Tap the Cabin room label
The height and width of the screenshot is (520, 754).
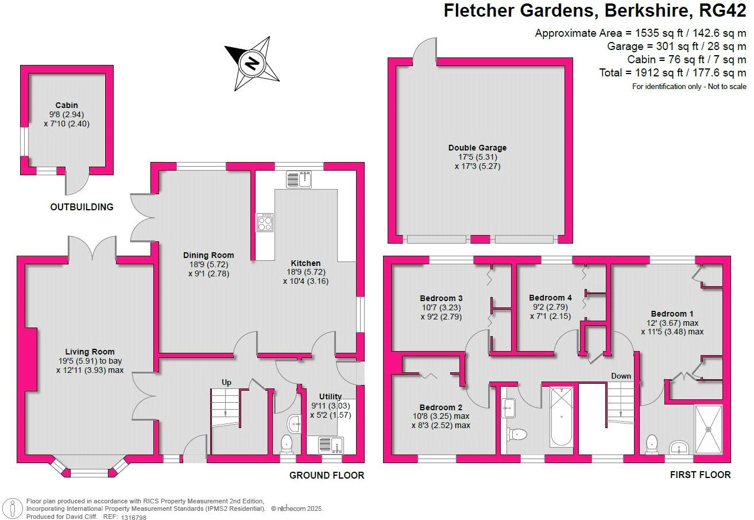click(x=67, y=105)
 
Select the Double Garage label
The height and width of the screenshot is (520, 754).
click(x=477, y=148)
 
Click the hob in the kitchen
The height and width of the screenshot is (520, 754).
click(x=265, y=222)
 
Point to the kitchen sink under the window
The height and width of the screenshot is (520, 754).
click(x=299, y=179)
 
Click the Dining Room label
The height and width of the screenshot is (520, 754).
click(x=208, y=255)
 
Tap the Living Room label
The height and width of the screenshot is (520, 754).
click(x=90, y=352)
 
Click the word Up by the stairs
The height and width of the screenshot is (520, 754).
click(x=226, y=382)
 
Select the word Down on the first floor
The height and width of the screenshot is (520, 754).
click(x=621, y=376)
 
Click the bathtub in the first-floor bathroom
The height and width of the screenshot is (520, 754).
click(x=562, y=417)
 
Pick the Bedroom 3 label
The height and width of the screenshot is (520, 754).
click(x=441, y=298)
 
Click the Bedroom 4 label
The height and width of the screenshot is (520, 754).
click(x=550, y=298)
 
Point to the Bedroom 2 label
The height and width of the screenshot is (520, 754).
click(x=440, y=407)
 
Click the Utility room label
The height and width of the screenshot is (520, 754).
click(x=330, y=396)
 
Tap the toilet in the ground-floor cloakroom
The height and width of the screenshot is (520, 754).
click(x=287, y=443)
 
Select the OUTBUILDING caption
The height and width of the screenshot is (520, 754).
click(x=82, y=207)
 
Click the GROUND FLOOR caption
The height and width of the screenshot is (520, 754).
click(x=327, y=475)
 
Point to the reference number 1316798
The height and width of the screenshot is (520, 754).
click(x=134, y=517)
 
